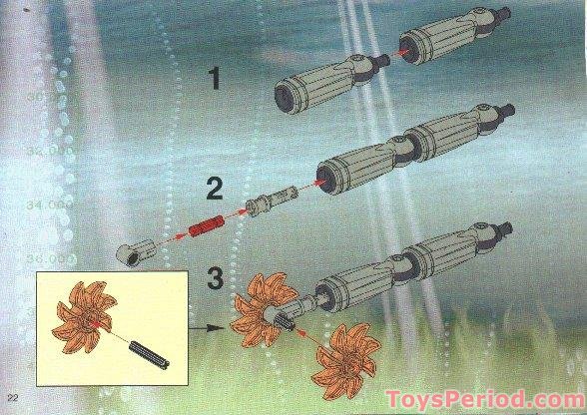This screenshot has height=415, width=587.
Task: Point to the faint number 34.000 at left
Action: click(54, 205)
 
